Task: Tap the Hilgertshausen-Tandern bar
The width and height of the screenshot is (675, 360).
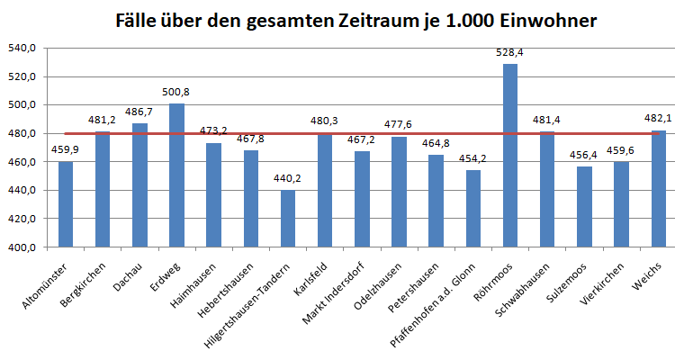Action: (x=288, y=219)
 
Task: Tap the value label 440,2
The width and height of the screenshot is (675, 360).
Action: (x=288, y=178)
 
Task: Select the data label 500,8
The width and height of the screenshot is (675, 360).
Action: (x=177, y=92)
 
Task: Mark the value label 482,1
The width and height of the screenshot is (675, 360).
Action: (x=658, y=119)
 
